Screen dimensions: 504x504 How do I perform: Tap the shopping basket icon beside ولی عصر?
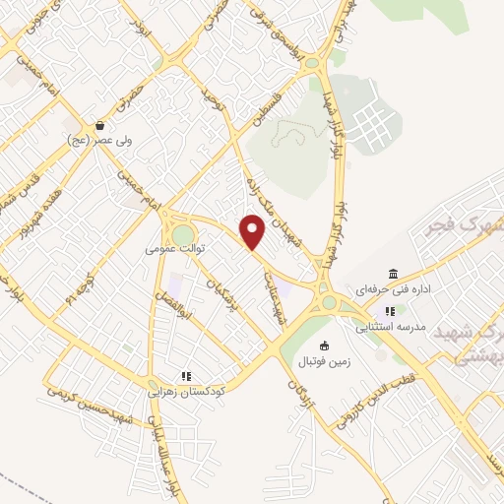click(x=101, y=126)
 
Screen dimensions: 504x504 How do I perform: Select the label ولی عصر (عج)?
click(x=101, y=142)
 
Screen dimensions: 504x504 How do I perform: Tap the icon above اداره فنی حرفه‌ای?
click(x=394, y=274)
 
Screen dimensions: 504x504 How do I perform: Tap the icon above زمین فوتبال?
click(x=326, y=345)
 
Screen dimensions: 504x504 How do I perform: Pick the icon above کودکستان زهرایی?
click(x=186, y=375)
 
